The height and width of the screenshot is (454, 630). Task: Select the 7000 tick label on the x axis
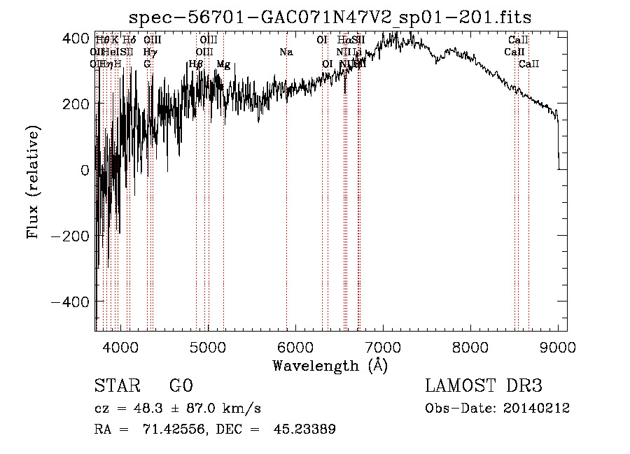click(x=382, y=347)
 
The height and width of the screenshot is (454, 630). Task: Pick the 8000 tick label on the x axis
click(x=470, y=347)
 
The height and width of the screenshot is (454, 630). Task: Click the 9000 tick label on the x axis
click(x=557, y=347)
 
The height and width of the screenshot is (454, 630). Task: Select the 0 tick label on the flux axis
click(x=85, y=170)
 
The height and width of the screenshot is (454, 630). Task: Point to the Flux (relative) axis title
click(x=34, y=182)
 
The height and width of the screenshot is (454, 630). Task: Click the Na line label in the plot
click(x=286, y=52)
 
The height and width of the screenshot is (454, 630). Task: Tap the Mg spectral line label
click(x=223, y=64)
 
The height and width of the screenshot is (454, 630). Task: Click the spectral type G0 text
click(x=181, y=386)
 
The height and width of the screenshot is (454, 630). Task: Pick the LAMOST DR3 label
click(x=484, y=386)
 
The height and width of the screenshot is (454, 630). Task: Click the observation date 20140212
click(x=536, y=409)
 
